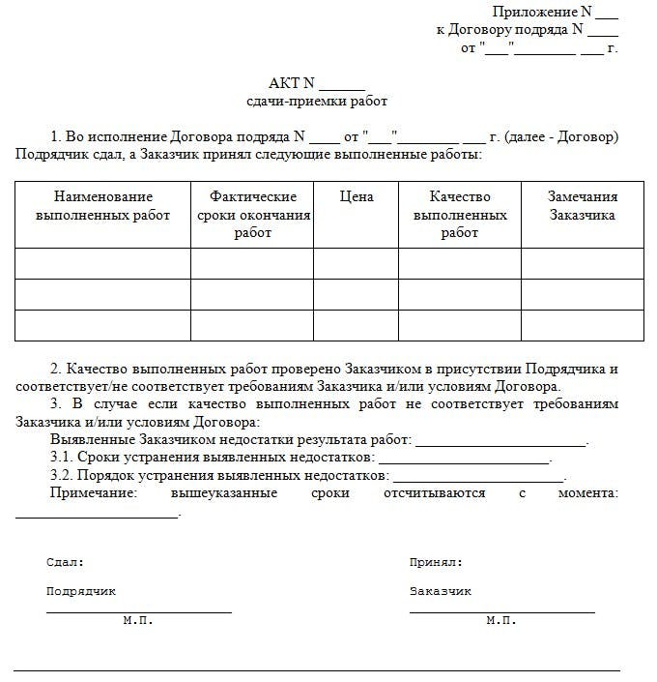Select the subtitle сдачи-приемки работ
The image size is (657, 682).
click(x=317, y=102)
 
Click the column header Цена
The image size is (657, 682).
click(x=356, y=197)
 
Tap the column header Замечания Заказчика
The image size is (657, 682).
click(x=582, y=206)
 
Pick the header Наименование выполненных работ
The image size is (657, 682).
click(x=102, y=206)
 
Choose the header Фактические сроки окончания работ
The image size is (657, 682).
click(x=252, y=215)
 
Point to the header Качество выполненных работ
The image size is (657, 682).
click(x=460, y=215)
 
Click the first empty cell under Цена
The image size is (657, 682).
click(x=356, y=263)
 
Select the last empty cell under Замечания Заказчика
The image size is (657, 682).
click(x=582, y=325)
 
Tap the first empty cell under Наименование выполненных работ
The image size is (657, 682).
click(x=102, y=263)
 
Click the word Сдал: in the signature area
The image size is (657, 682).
click(x=65, y=562)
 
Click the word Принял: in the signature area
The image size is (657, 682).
click(x=436, y=562)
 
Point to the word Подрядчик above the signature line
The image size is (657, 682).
click(x=80, y=591)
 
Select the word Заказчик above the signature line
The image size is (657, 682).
click(x=441, y=591)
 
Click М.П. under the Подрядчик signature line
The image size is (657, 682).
click(x=138, y=620)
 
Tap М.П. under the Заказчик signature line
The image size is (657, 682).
click(x=501, y=620)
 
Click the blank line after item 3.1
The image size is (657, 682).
click(x=463, y=459)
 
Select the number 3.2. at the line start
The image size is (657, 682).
click(x=62, y=476)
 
